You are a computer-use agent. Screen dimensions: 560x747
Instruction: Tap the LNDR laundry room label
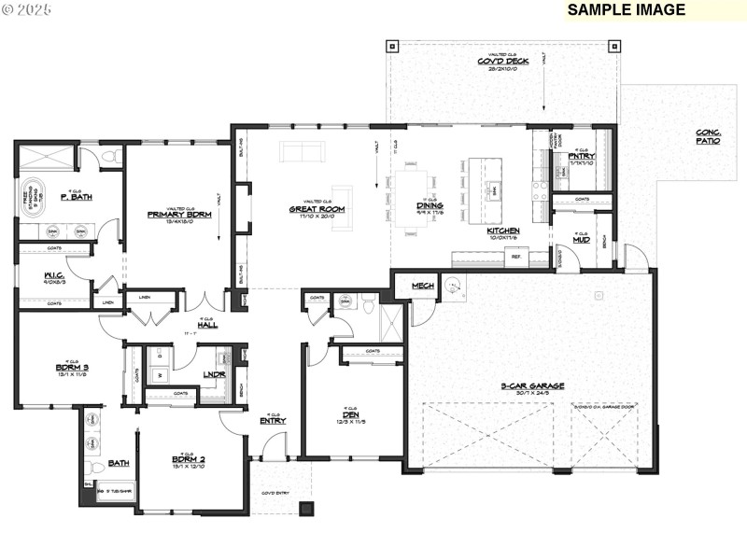pyautogui.click(x=214, y=374)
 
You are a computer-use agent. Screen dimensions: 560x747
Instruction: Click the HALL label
pyautogui.click(x=207, y=324)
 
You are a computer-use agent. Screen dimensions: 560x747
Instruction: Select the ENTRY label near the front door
pyautogui.click(x=273, y=421)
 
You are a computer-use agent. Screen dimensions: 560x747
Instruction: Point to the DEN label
pyautogui.click(x=351, y=413)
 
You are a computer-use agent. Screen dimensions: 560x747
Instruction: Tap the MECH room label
pyautogui.click(x=422, y=285)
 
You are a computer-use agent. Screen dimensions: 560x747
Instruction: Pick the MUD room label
pyautogui.click(x=581, y=240)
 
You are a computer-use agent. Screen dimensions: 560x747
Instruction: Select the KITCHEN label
pyautogui.click(x=503, y=230)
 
